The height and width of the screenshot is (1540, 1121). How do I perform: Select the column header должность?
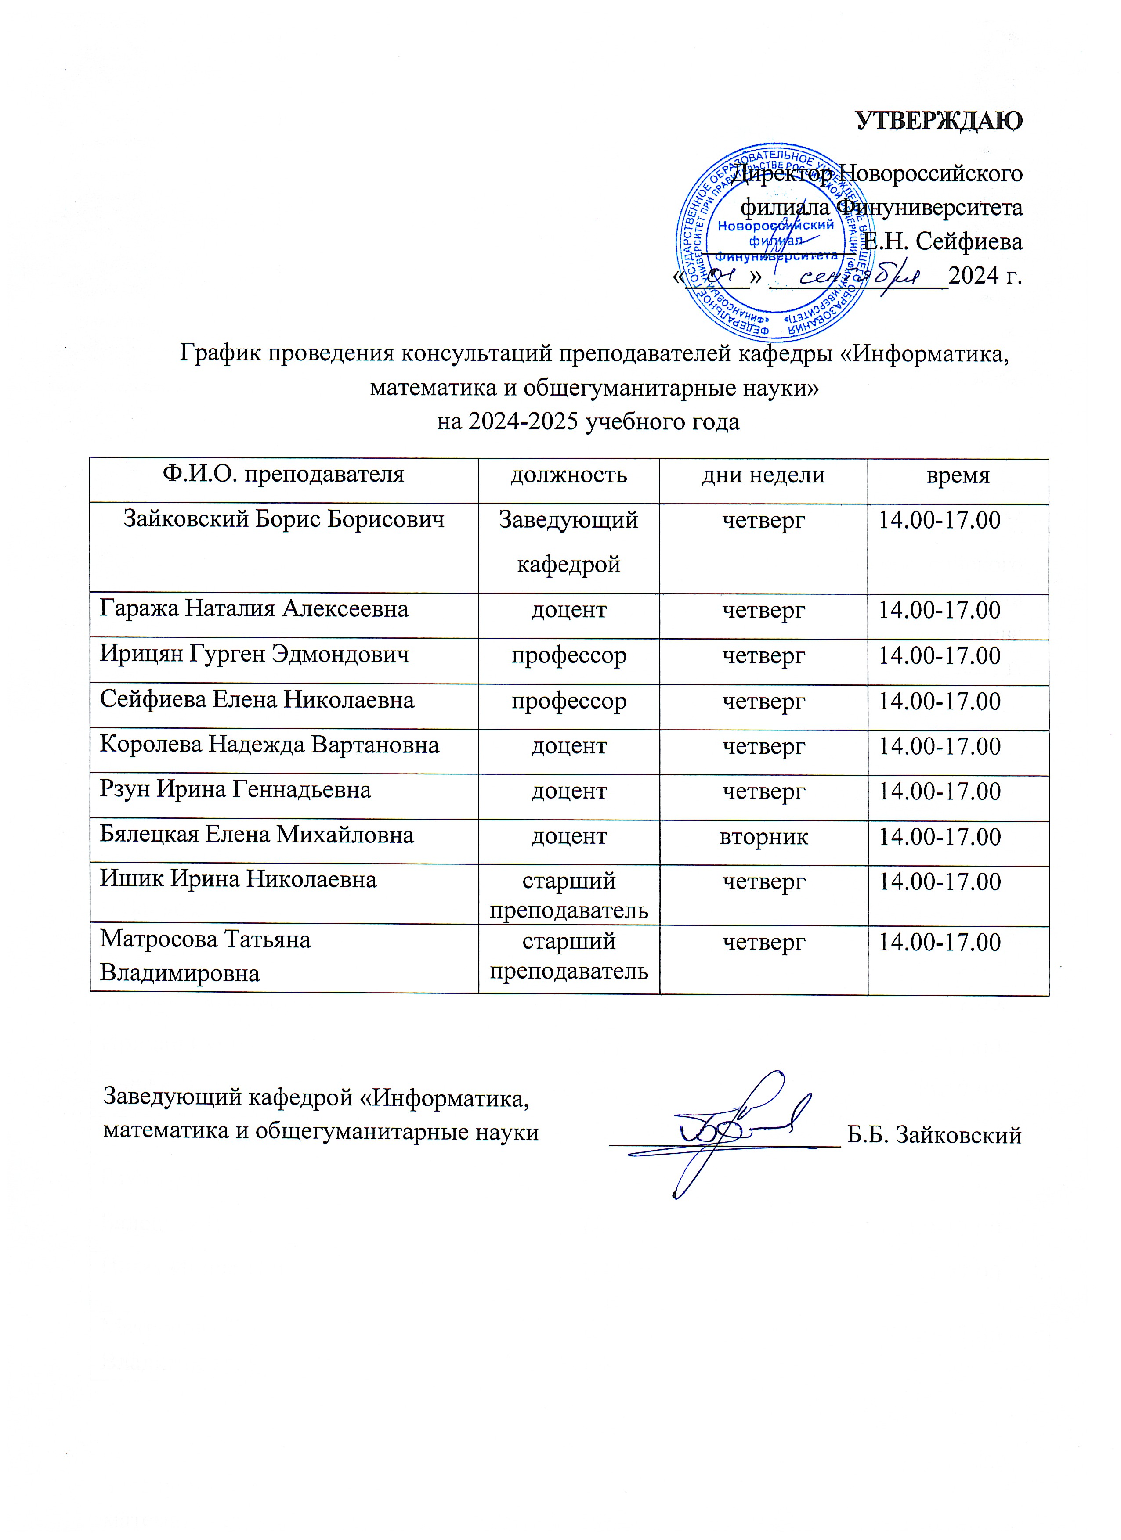pos(569,475)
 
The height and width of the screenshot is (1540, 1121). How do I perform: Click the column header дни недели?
pos(763,475)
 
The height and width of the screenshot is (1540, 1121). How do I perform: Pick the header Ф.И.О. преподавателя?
pos(283,474)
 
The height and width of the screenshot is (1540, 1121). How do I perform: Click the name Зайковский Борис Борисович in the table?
pos(283,519)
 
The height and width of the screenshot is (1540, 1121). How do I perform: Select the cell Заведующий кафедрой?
pos(569,541)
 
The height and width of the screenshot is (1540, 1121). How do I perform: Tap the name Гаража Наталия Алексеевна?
pos(254,608)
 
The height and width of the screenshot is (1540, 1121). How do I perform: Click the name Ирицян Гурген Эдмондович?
pos(254,654)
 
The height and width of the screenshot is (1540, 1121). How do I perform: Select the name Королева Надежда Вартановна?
pos(269,745)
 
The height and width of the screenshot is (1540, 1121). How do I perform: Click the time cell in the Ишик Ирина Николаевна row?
pos(940,882)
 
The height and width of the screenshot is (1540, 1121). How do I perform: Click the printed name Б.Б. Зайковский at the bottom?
pos(934,1135)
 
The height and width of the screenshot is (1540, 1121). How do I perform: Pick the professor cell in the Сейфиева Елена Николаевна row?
pos(569,701)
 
